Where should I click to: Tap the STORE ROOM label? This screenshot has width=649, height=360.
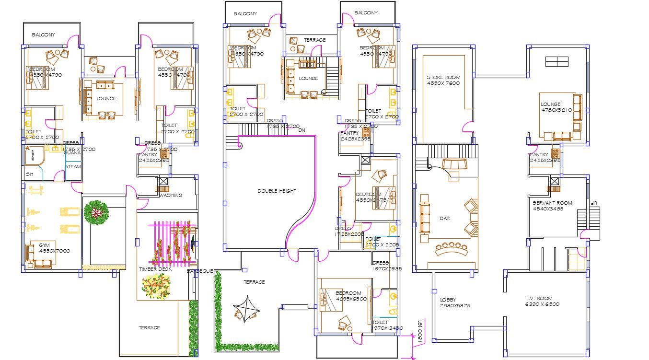click(443, 77)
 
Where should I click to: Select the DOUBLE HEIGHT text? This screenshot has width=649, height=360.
click(277, 191)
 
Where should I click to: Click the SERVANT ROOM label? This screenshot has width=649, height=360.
click(552, 203)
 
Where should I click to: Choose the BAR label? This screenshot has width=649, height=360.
click(444, 218)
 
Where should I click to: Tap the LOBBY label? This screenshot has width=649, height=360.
click(448, 300)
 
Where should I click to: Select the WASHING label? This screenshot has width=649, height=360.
click(171, 196)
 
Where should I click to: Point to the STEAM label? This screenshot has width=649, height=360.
click(73, 166)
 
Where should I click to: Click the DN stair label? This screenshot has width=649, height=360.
click(301, 130)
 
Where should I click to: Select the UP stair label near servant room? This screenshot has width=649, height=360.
click(593, 203)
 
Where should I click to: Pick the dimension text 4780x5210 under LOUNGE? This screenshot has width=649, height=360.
click(557, 110)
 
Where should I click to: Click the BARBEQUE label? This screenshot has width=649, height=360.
click(199, 271)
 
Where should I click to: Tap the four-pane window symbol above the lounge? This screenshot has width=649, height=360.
click(556, 61)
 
